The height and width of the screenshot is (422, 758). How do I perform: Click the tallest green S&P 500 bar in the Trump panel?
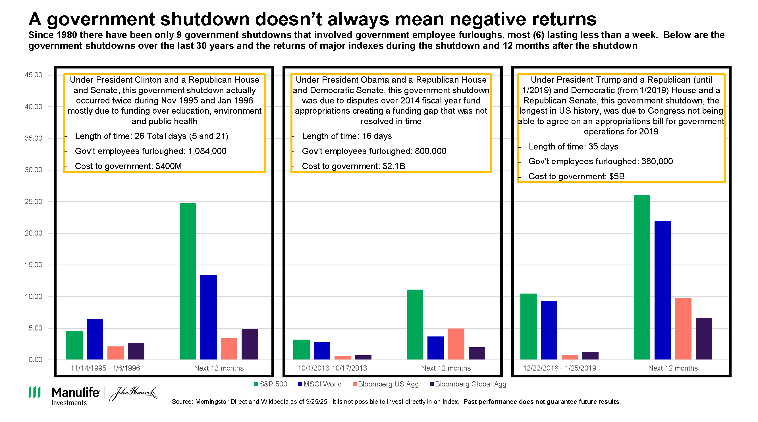(641, 277)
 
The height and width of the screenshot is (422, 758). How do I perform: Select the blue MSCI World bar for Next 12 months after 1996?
(208, 317)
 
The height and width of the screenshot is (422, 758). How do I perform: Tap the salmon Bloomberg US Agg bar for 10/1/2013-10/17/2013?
(342, 357)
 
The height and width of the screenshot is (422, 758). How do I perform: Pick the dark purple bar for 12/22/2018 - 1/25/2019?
(590, 355)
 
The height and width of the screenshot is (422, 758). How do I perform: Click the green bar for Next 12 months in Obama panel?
(415, 324)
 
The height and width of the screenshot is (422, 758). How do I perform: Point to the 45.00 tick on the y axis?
(34, 75)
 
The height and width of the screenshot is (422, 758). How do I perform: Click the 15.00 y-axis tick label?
(34, 265)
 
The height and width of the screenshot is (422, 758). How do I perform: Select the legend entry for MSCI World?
(320, 384)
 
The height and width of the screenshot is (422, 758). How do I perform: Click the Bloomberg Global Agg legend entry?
(468, 384)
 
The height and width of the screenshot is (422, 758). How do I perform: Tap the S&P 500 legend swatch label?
(271, 384)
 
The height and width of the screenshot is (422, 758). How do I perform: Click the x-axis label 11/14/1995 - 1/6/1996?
(105, 368)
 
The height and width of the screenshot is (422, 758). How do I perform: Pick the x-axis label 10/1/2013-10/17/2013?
(332, 368)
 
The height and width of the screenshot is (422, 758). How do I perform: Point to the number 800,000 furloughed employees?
(430, 151)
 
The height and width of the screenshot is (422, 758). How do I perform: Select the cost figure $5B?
(616, 176)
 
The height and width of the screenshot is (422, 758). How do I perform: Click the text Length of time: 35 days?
(573, 147)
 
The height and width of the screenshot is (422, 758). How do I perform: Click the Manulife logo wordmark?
(75, 392)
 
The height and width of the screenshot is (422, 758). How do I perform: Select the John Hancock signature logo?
(133, 393)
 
